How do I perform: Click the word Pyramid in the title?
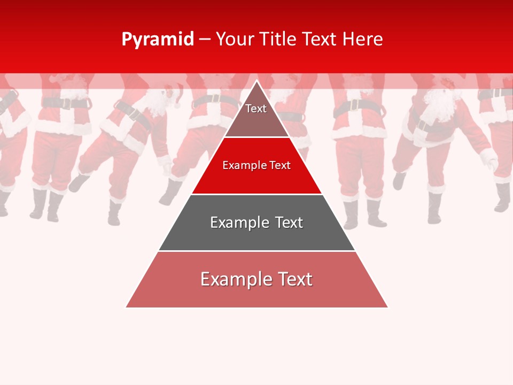158,39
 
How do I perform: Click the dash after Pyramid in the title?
205,40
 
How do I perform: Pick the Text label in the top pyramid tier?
256,109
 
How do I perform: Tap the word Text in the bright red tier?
280,166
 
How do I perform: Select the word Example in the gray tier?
239,222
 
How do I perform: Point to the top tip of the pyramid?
257,81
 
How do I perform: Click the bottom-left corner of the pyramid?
127,307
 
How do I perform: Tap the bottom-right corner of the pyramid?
387,307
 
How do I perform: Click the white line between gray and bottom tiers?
257,251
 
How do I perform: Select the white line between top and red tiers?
257,137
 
